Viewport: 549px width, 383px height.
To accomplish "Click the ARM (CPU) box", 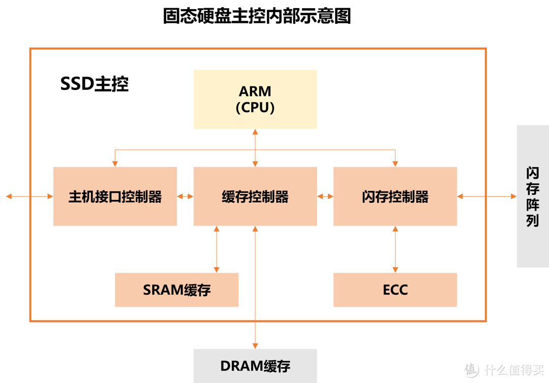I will tap(255, 99).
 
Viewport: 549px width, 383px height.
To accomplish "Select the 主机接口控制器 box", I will tap(115, 196).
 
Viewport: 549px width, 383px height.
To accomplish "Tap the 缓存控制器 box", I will tap(255, 196).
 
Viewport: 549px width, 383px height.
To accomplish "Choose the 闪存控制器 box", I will tap(395, 196).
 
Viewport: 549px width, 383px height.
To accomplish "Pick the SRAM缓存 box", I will tap(176, 290).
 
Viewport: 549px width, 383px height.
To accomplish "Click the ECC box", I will tap(395, 290).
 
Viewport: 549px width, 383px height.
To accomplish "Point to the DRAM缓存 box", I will tap(255, 366).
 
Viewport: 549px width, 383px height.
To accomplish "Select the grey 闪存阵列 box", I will tap(532, 196).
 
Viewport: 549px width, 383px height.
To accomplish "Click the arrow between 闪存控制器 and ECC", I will tap(395, 249).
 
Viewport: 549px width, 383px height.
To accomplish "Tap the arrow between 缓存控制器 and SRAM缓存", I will tap(217, 249).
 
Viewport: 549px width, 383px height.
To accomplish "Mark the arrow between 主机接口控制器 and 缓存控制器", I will tap(185, 196).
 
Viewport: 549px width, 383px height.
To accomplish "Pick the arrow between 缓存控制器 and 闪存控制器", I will tap(325, 196).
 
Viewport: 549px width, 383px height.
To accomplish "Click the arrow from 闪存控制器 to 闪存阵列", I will tap(486, 196).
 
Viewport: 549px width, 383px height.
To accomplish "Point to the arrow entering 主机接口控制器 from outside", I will tap(29, 196).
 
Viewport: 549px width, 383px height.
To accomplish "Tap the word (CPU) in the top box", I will tap(255, 108).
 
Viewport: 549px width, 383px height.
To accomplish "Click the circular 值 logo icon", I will tap(470, 369).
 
